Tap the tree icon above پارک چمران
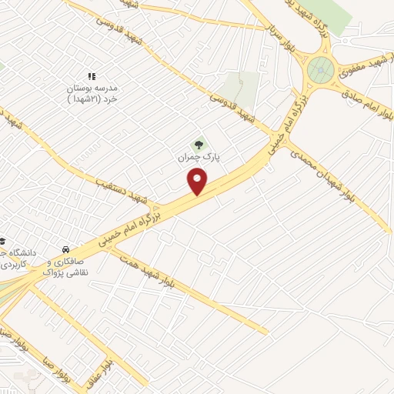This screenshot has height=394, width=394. click(199, 143)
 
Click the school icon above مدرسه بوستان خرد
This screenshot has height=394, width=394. click(91, 76)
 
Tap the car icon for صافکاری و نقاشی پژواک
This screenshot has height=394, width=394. click(67, 250)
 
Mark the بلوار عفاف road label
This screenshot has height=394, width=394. click(109, 362)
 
